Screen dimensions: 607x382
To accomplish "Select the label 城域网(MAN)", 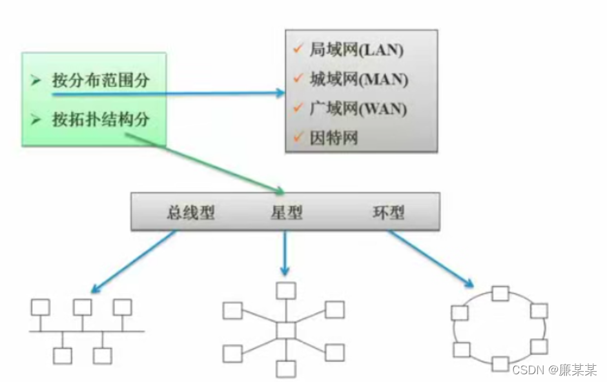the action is (358, 81).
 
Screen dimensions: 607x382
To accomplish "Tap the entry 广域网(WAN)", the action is (358, 109).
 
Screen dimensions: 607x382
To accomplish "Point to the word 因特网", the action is (333, 137).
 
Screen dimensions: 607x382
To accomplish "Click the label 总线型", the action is (190, 213).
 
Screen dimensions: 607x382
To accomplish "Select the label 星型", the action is (286, 213).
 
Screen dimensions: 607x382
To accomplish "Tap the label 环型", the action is (389, 213).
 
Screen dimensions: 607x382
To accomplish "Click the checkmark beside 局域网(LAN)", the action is (298, 50).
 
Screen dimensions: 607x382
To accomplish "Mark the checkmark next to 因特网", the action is (298, 136).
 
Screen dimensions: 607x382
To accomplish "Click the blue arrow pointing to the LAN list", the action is (168, 94).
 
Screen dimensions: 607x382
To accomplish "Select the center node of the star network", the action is (285, 330).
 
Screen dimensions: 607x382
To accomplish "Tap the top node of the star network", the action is (285, 290).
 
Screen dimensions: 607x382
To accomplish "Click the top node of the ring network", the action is (500, 294).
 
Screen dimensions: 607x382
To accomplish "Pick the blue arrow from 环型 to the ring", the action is (430, 259).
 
